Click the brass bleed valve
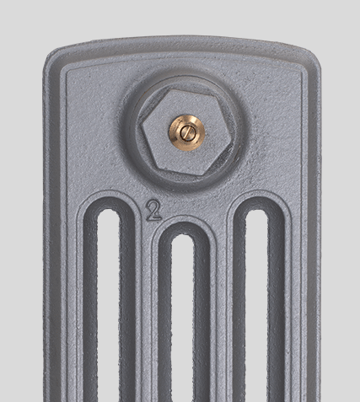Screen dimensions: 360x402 (x=186, y=133)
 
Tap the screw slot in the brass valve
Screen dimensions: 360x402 (x=186, y=133)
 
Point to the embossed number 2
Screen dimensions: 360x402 (x=153, y=210)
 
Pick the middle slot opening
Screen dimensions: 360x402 (x=183, y=318)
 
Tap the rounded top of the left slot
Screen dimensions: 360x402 (x=109, y=213)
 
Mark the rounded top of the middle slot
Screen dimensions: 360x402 (x=183, y=239)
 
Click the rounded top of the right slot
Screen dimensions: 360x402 (x=257, y=213)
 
